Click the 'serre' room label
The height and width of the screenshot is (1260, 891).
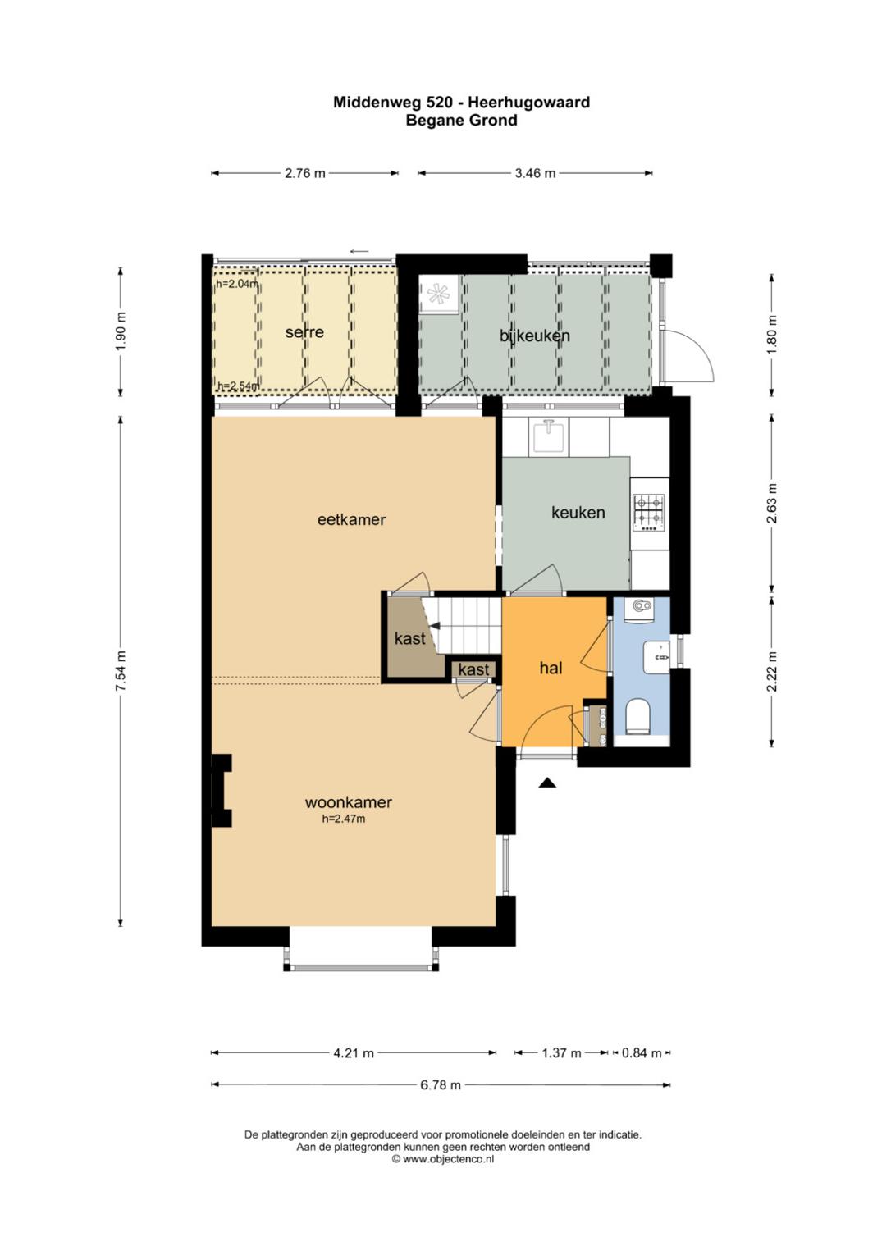click(x=304, y=332)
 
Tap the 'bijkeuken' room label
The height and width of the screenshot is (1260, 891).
click(x=535, y=336)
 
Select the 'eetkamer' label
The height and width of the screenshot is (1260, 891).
click(x=352, y=519)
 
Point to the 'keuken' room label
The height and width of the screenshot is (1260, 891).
click(x=578, y=513)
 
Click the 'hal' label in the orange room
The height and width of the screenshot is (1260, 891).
click(x=551, y=668)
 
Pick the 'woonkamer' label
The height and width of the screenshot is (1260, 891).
click(x=348, y=802)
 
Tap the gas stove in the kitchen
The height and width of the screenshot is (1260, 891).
click(x=649, y=513)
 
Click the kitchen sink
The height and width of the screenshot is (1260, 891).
click(x=550, y=436)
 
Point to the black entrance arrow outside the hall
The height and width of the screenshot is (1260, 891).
click(x=547, y=783)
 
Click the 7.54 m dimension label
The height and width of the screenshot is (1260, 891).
click(x=121, y=671)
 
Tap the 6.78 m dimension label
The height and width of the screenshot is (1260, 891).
click(x=441, y=1085)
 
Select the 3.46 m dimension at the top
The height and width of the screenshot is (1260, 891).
click(x=535, y=173)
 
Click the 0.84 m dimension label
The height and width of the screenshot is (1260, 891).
click(x=642, y=1053)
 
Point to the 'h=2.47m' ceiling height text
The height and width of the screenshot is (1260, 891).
click(x=343, y=819)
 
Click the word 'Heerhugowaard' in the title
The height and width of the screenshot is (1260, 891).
click(x=529, y=103)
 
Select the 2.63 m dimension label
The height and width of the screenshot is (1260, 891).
click(x=772, y=504)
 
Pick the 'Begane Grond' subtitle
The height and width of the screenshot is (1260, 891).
click(x=462, y=121)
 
